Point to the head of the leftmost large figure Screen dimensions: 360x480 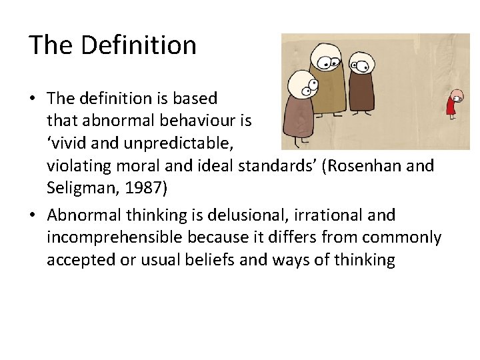point(301,85)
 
